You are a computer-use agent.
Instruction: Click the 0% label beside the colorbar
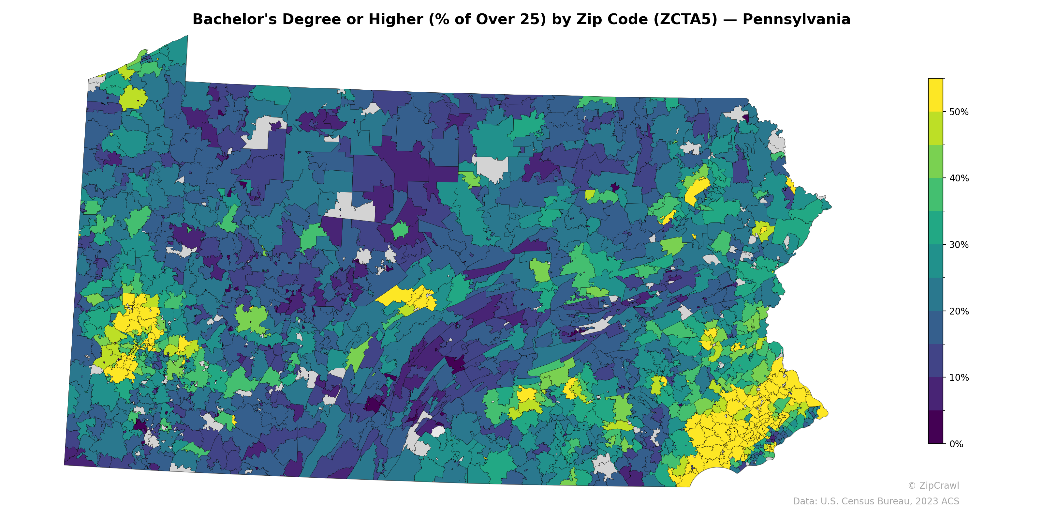point(956,444)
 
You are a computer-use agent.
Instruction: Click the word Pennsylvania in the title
point(796,20)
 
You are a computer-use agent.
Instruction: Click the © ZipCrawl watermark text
point(933,485)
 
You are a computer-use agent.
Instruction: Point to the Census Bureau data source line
point(876,501)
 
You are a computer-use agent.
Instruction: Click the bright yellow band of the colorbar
point(935,94)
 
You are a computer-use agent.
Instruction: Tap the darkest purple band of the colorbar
point(935,428)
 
